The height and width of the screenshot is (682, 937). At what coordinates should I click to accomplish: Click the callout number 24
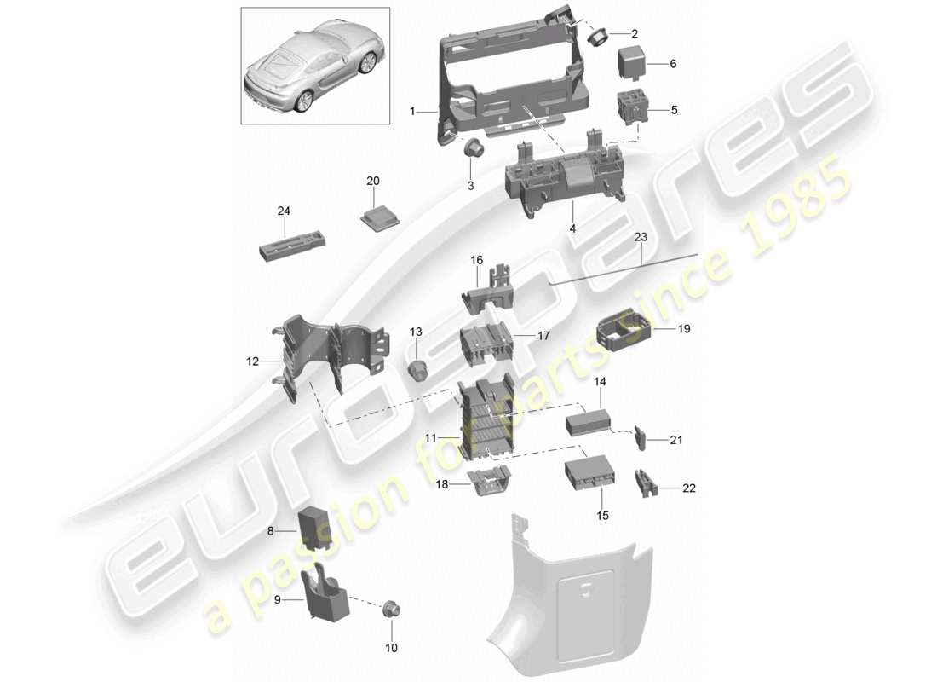coord(283,210)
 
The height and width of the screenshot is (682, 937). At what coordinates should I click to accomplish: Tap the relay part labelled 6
coord(632,63)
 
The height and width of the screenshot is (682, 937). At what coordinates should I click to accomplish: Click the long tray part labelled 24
coord(289,248)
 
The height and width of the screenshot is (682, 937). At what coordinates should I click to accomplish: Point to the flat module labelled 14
coord(586,420)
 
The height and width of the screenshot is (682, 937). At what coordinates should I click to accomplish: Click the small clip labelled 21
coord(640,438)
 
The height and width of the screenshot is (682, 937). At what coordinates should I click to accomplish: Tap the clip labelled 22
coord(645,484)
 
